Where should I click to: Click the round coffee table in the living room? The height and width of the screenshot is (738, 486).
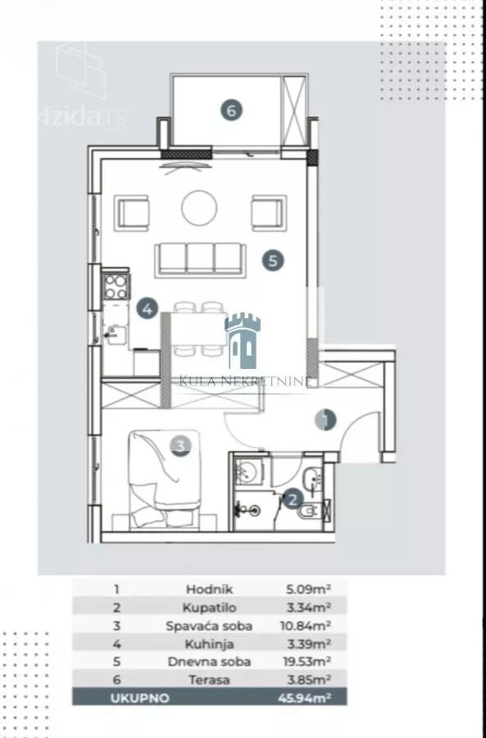click(x=199, y=208)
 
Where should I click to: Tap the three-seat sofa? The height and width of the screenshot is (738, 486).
click(x=201, y=259)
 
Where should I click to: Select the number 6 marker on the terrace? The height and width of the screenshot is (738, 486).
click(x=231, y=111)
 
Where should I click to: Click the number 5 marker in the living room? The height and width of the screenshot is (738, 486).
click(x=274, y=260)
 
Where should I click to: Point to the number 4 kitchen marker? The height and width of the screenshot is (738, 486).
click(x=148, y=309)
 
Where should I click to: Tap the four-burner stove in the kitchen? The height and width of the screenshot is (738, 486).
click(x=116, y=287)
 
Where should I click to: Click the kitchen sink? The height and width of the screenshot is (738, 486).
click(x=114, y=335)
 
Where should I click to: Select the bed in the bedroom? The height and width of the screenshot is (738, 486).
click(x=164, y=479)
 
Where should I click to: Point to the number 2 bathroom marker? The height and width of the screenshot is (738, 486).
click(x=292, y=499)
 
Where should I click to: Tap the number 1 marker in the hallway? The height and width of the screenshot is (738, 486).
click(x=325, y=419)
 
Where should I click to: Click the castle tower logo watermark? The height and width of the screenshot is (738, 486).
click(x=243, y=341)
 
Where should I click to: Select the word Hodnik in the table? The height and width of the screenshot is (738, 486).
click(x=209, y=589)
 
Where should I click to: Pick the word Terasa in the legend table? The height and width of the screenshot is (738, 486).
click(x=209, y=680)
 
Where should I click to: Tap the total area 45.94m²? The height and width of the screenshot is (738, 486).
click(x=304, y=698)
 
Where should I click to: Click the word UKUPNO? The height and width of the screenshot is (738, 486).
click(x=139, y=698)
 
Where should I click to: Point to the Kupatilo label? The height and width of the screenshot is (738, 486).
click(x=209, y=607)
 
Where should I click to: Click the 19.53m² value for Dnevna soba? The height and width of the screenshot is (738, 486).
click(x=307, y=661)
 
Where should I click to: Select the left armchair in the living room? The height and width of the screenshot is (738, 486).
click(x=132, y=212)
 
